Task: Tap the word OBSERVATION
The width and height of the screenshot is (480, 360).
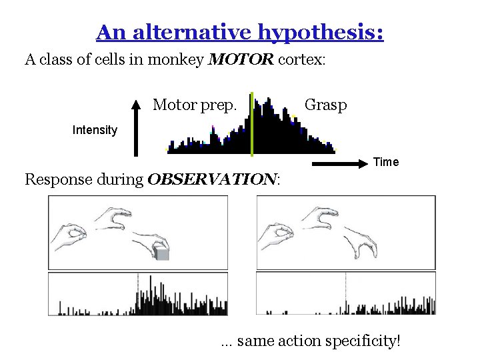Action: tap(211, 179)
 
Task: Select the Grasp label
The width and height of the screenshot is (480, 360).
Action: tap(325, 105)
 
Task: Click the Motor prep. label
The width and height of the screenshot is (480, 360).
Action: tap(195, 105)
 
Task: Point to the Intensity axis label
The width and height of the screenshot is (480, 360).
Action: tap(95, 130)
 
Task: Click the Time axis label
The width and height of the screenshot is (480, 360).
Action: tap(386, 162)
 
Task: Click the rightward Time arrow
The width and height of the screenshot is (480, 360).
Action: tap(339, 163)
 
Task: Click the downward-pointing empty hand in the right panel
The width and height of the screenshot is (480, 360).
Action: tap(360, 241)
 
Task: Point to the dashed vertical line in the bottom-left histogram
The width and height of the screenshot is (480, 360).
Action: tap(138, 293)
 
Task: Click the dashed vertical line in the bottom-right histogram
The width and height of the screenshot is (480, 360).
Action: tap(345, 293)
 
